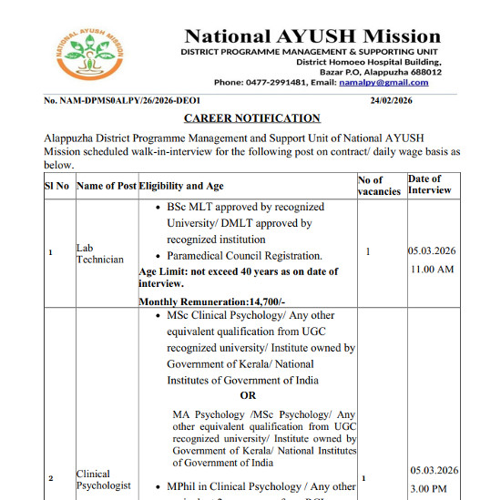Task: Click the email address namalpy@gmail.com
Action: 404,82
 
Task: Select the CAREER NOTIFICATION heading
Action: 252,118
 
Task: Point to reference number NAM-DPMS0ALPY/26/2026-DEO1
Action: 122,100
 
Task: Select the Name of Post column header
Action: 107,186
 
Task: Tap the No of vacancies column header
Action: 379,186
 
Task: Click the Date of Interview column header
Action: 430,185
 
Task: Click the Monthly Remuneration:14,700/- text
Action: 211,301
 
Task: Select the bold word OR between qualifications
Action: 248,395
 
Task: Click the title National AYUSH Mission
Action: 312,37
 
